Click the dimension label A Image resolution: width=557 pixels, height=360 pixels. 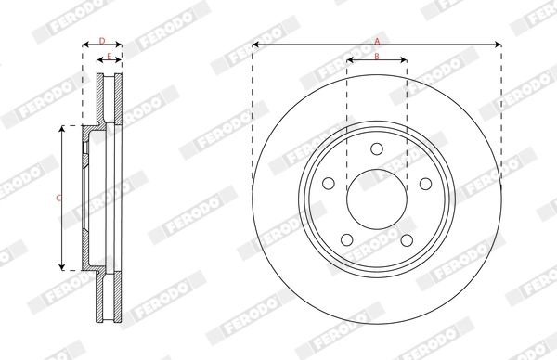point(377,41)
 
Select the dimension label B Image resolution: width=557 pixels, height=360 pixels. point(377,57)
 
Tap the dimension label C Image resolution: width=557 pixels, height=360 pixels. point(58,198)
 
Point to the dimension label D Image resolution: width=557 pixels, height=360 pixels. point(102,41)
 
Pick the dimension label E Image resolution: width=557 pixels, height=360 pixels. point(109,58)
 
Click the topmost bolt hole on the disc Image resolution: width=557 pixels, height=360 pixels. point(377,150)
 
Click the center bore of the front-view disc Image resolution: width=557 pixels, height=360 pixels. point(377,199)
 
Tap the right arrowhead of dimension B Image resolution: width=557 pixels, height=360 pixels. point(404,60)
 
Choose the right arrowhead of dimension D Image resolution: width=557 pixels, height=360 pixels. point(121,45)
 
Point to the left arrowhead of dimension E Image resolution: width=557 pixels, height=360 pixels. point(99,61)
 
